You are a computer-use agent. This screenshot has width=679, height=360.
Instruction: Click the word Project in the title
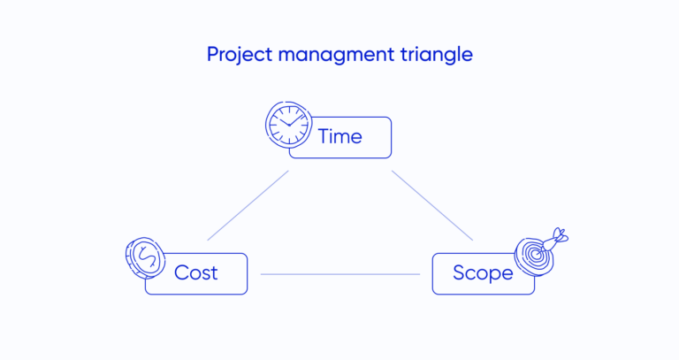coord(236,55)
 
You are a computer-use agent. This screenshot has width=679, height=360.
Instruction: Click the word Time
coord(340,137)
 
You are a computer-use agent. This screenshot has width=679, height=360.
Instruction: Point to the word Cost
coord(195,272)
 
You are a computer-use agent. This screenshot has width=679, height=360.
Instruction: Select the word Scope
coord(483,272)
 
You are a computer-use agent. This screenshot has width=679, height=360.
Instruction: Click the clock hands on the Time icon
coord(286,125)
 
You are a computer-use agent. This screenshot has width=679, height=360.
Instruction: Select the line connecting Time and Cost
coord(248,205)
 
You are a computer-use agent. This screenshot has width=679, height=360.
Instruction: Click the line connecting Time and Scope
coord(433,205)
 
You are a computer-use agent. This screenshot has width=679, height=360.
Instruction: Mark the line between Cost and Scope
coord(339,274)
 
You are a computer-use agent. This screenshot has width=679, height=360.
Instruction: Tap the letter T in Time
coord(324,137)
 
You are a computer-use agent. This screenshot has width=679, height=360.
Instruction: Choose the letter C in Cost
coord(181,272)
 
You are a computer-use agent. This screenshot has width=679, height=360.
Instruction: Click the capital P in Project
coord(212,55)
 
